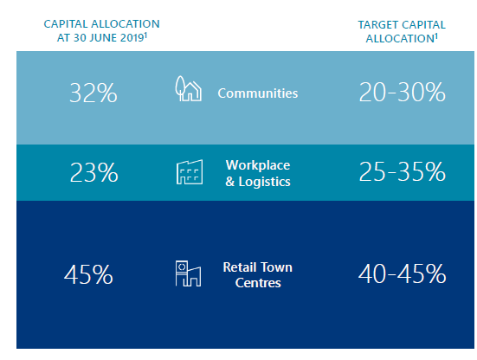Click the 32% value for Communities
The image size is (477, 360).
[93, 93]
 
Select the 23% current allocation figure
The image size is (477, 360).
[94, 172]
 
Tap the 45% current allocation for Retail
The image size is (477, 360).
[88, 274]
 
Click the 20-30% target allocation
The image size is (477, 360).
[403, 92]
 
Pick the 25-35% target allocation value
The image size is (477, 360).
[403, 171]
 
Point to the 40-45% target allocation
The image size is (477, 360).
[403, 273]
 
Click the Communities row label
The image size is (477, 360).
[258, 93]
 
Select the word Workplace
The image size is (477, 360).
[258, 165]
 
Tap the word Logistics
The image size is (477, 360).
[264, 182]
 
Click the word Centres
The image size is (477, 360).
[258, 283]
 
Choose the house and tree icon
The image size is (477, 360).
[189, 88]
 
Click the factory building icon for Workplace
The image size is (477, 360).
[190, 172]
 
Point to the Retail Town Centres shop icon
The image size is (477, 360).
[189, 273]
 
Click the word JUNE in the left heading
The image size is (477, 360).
[102, 38]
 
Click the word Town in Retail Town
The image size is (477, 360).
[275, 267]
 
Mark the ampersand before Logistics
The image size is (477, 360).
[230, 182]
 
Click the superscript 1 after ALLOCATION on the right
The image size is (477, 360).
[436, 35]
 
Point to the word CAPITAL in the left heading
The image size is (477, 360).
[66, 23]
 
